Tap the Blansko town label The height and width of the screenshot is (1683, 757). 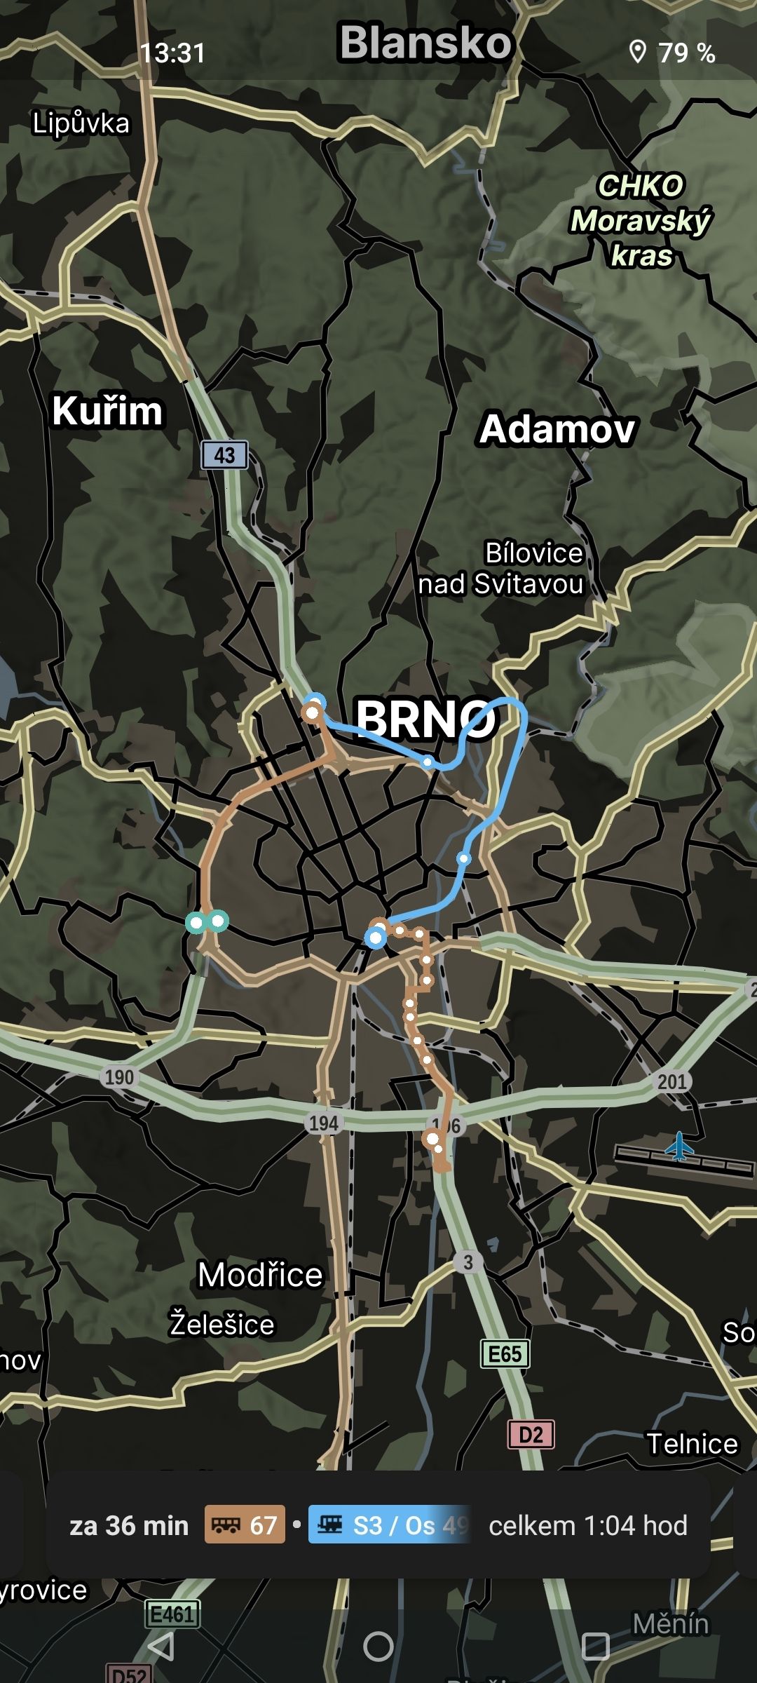[x=425, y=42]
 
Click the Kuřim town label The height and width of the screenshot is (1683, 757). [x=107, y=411]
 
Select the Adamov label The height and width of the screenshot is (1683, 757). [x=557, y=428]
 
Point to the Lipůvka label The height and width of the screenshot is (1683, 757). [x=81, y=123]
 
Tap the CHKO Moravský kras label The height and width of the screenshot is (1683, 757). [x=641, y=221]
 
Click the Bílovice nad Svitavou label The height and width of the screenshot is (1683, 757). [x=502, y=569]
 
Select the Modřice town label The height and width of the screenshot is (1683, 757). [x=260, y=1274]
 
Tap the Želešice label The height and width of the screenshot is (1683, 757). [x=222, y=1324]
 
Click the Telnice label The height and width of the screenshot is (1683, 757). [x=692, y=1443]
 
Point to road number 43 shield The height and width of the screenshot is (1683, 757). [x=224, y=455]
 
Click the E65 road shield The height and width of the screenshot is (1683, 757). [x=505, y=1353]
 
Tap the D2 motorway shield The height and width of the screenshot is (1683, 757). [x=531, y=1434]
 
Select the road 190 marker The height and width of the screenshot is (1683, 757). [x=119, y=1076]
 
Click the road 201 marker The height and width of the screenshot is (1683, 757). [x=671, y=1081]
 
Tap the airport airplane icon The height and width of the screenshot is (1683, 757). [x=678, y=1147]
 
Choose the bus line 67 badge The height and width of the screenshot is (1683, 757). [x=245, y=1525]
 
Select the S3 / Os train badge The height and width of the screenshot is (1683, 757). [x=389, y=1525]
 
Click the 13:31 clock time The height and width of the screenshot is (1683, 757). [x=172, y=53]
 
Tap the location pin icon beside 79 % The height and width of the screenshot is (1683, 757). [x=637, y=52]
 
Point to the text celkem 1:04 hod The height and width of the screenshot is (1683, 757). [x=587, y=1525]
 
